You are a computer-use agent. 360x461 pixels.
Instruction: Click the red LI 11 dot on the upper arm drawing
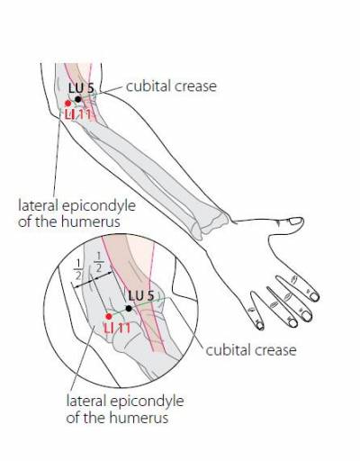point(68,104)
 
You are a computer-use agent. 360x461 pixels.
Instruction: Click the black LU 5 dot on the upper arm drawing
point(78,99)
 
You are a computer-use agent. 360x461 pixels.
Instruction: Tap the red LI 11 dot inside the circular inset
point(109,316)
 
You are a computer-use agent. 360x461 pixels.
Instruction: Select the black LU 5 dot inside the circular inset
point(129,308)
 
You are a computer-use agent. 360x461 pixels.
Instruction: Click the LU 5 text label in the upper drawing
point(81,88)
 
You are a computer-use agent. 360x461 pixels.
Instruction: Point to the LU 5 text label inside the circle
point(141,296)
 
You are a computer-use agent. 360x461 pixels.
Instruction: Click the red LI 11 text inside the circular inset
point(117,328)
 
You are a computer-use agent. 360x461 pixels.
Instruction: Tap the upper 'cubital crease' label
point(171,86)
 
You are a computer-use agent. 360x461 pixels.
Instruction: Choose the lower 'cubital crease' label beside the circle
point(251,350)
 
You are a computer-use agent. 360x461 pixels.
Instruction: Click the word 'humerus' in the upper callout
point(91,221)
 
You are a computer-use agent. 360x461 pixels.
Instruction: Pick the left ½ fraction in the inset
point(78,269)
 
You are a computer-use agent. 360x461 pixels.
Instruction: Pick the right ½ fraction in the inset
point(99,262)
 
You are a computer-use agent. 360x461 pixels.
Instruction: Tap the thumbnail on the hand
point(295,221)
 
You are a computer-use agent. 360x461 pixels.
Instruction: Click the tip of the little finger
point(260,326)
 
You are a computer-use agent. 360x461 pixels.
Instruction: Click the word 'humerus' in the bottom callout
point(139,418)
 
